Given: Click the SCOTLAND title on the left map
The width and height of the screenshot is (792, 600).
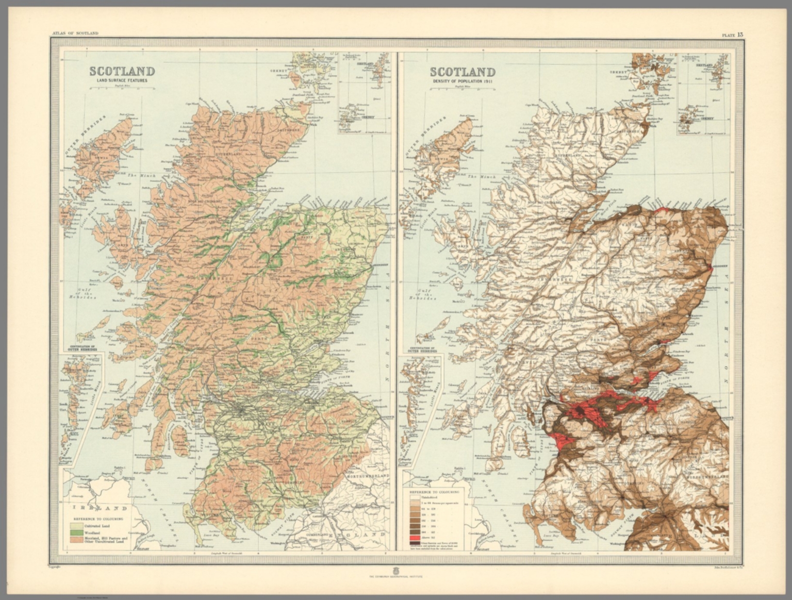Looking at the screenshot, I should coord(122,71).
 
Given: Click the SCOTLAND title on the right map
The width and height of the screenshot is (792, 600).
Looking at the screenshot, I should coord(463,72).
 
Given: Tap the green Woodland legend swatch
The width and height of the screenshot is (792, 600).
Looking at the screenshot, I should coord(77,532).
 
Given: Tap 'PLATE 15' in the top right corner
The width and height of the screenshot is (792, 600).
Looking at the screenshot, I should coord(732,35).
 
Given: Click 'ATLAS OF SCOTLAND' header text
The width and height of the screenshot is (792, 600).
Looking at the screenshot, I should coord(75,34).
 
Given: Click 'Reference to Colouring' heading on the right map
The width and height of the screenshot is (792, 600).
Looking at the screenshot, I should coord(435,492).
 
